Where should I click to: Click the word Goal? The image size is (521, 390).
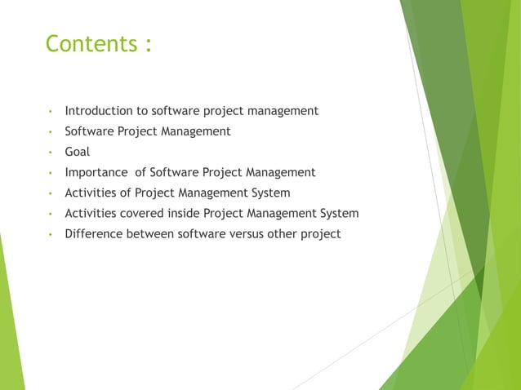click(x=78, y=152)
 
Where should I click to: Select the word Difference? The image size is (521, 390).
click(x=94, y=234)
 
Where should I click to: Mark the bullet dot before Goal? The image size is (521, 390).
click(x=51, y=153)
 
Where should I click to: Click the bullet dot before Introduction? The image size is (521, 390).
click(x=51, y=111)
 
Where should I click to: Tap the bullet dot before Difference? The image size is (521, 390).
click(x=51, y=235)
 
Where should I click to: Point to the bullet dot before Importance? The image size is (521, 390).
click(x=51, y=173)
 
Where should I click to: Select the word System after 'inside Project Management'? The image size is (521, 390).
click(x=339, y=214)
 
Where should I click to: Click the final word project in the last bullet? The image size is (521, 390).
click(x=320, y=235)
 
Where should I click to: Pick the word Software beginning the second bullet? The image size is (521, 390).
click(x=90, y=131)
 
